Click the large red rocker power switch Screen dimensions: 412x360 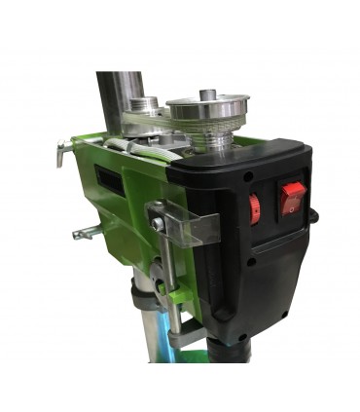[292, 198]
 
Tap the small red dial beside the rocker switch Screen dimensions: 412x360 [255, 208]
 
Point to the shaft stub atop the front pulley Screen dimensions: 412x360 [206, 94]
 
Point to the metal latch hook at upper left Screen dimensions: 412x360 [62, 152]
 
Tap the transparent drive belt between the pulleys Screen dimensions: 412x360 [165, 125]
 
